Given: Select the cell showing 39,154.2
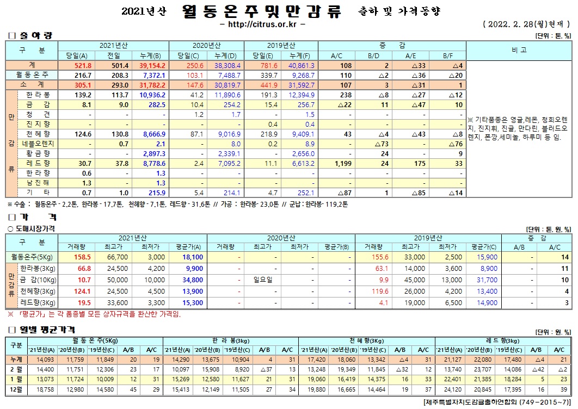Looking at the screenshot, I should [x=152, y=65].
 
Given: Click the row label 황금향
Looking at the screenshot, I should [x=38, y=153].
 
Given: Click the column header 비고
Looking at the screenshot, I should [x=519, y=50].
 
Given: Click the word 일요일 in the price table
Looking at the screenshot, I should [x=263, y=280].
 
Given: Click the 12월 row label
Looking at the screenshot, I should [x=15, y=391].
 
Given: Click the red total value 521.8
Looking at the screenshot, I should [x=78, y=65].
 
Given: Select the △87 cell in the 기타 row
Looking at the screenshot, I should [x=342, y=193].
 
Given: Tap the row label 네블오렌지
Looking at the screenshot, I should [x=38, y=144].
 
